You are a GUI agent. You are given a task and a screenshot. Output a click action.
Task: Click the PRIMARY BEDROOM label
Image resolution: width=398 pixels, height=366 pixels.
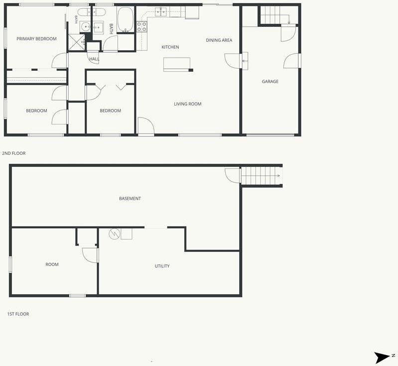(x=36, y=39)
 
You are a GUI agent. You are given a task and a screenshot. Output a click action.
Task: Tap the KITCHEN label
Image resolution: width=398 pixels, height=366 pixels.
(x=170, y=47)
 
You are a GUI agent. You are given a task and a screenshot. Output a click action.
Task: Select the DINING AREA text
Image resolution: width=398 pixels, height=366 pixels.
(x=219, y=40)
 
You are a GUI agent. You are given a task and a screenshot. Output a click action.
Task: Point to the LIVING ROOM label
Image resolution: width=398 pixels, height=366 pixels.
(x=188, y=104)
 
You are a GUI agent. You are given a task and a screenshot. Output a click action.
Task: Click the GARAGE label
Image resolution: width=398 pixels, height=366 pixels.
(x=270, y=82)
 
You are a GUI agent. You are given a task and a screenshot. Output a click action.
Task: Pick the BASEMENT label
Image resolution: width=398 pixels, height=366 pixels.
(x=130, y=199)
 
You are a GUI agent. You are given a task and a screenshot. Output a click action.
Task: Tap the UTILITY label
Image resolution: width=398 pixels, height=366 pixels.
(x=162, y=266)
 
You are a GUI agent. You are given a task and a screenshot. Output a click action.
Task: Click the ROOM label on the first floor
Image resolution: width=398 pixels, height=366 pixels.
(x=52, y=264)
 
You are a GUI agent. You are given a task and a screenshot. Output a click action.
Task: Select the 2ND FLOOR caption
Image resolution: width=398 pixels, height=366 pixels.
(x=14, y=153)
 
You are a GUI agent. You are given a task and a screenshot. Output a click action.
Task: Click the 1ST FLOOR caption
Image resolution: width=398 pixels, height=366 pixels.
(x=18, y=314)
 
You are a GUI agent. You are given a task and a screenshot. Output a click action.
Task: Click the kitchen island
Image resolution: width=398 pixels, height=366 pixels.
(x=177, y=64)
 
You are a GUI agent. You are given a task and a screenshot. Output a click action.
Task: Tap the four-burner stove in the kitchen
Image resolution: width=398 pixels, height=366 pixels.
(x=142, y=27)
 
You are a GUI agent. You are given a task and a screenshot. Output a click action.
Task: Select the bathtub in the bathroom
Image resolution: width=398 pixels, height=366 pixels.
(x=125, y=19)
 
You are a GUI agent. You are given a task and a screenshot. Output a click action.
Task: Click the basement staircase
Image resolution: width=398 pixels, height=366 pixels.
(x=261, y=176)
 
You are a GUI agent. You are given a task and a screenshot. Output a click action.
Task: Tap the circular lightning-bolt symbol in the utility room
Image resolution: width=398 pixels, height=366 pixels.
(x=114, y=234)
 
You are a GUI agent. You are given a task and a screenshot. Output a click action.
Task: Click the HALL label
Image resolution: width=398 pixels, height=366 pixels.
(x=94, y=59)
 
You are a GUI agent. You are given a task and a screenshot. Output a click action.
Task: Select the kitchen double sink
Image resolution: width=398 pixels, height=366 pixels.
(x=161, y=11)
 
